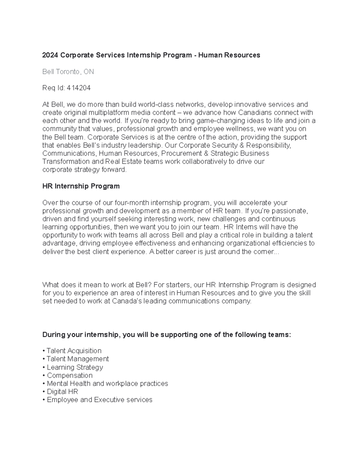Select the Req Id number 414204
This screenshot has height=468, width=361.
pyautogui.click(x=79, y=88)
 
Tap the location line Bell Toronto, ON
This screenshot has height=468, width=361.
pyautogui.click(x=68, y=72)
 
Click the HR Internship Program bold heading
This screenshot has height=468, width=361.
pyautogui.click(x=81, y=186)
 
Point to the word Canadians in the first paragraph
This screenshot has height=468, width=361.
pyautogui.click(x=255, y=113)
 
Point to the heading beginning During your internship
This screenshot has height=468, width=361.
pyautogui.click(x=167, y=335)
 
